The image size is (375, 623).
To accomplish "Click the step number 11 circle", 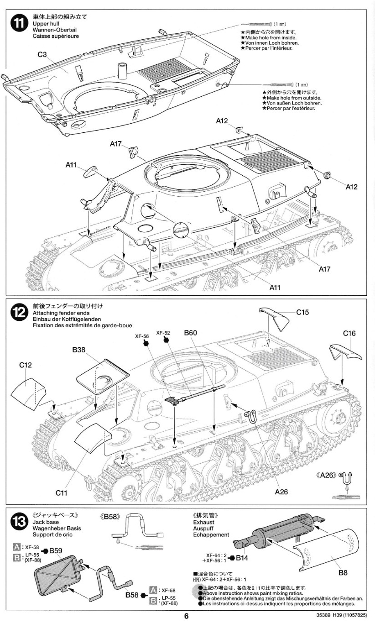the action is pyautogui.click(x=20, y=22).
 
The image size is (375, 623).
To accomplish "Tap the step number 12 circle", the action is pyautogui.click(x=20, y=312).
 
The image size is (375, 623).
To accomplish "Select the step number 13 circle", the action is pyautogui.click(x=20, y=521).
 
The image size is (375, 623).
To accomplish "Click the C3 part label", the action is pyautogui.click(x=42, y=54).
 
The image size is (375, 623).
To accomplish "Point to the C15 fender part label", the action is pyautogui.click(x=302, y=312).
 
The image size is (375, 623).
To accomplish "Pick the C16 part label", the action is pyautogui.click(x=349, y=333).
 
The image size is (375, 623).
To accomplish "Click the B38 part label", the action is pyautogui.click(x=78, y=350).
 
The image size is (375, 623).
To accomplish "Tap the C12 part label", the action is pyautogui.click(x=26, y=365).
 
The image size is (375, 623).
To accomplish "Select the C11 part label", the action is pyautogui.click(x=62, y=493).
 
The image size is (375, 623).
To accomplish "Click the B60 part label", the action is pyautogui.click(x=190, y=333).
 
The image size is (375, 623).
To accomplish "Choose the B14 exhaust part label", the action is pyautogui.click(x=242, y=558).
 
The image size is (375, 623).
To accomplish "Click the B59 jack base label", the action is pyautogui.click(x=56, y=550).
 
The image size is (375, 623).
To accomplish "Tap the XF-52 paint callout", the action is pyautogui.click(x=163, y=333).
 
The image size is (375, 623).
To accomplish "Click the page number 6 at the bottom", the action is pyautogui.click(x=187, y=616).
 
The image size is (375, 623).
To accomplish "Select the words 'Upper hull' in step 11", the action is pyautogui.click(x=46, y=24).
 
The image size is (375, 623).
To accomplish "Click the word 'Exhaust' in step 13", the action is pyautogui.click(x=204, y=522).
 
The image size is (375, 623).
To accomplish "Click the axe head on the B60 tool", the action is pyautogui.click(x=171, y=400).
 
